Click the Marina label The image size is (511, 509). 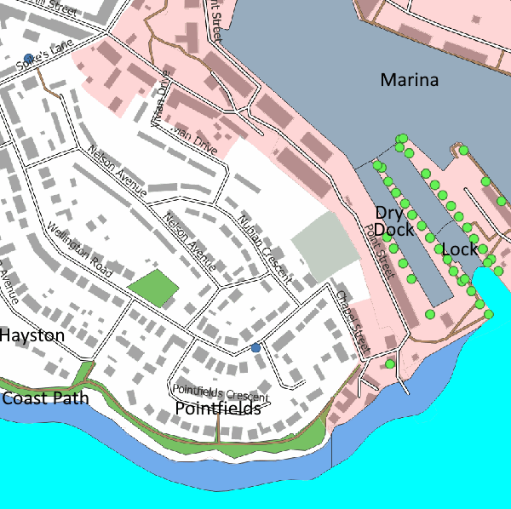[409, 81]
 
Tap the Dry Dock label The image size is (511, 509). [393, 220]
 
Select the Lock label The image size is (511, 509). [460, 249]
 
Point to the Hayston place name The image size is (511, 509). [32, 336]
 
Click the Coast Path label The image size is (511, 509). [45, 398]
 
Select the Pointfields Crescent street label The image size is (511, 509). [221, 394]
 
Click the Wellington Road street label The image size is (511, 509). [79, 249]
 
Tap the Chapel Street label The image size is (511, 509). [352, 323]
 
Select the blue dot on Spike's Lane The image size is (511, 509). [29, 58]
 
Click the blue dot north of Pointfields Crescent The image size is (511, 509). [255, 347]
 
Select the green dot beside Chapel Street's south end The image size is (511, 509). [389, 364]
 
